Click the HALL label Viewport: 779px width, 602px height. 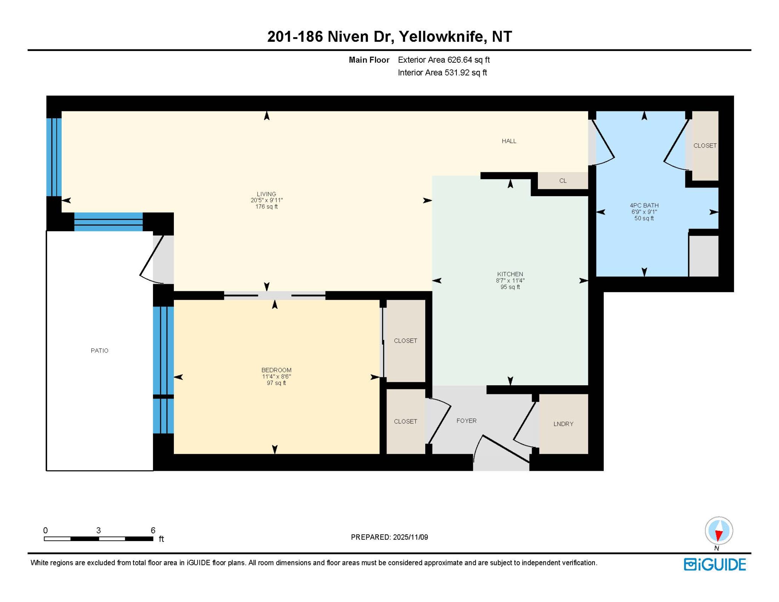point(509,141)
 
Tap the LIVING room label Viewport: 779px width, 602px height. point(266,194)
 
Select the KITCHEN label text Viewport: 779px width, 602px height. point(510,274)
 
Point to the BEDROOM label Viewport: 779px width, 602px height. point(276,370)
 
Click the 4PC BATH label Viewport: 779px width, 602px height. point(644,205)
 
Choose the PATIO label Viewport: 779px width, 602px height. point(99,351)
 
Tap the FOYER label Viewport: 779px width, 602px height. point(466,421)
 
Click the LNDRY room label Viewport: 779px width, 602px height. point(563,424)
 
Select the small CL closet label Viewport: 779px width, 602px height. point(563,181)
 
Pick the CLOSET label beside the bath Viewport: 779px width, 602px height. point(705,146)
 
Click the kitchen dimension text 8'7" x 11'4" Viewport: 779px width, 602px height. point(510,281)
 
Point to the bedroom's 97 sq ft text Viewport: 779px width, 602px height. point(276,383)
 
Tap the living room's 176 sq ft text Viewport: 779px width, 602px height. point(266,207)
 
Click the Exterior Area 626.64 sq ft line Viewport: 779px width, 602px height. point(444,60)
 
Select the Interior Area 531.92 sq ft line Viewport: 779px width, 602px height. point(442,73)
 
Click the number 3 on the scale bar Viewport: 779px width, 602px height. point(98,530)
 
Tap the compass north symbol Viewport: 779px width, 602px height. point(719,531)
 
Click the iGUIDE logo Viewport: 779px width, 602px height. point(715,564)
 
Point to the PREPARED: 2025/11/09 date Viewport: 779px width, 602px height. point(389,537)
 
